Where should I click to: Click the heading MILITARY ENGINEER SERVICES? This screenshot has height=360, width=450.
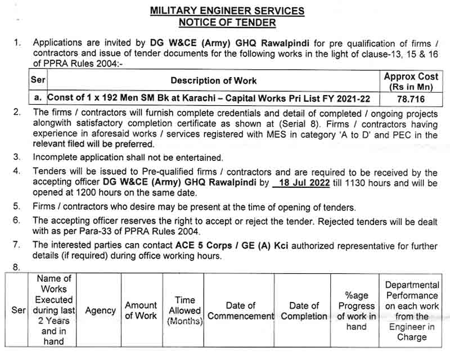[227, 11]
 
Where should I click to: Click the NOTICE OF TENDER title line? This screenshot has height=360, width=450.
[227, 22]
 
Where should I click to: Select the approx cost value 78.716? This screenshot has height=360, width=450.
[411, 98]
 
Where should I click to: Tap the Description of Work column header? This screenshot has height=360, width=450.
[214, 81]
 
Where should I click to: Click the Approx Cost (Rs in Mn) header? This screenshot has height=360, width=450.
[411, 81]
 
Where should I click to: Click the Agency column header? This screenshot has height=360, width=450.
[100, 310]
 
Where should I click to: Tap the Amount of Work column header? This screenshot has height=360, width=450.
[141, 310]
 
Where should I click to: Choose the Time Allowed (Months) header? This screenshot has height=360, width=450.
[184, 310]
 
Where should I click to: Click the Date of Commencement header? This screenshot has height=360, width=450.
[240, 310]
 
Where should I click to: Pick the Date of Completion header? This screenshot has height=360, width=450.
[304, 310]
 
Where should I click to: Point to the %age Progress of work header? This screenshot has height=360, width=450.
[356, 310]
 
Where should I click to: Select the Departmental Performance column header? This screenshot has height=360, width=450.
[412, 310]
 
